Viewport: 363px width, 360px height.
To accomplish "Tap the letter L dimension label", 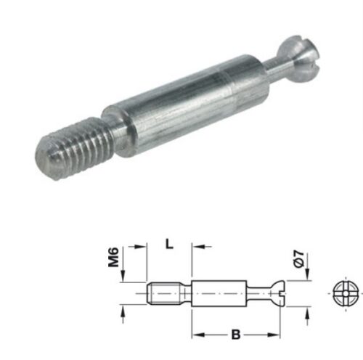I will pyautogui.click(x=169, y=245).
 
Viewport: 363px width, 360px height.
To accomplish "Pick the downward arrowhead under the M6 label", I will pyautogui.click(x=125, y=277).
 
